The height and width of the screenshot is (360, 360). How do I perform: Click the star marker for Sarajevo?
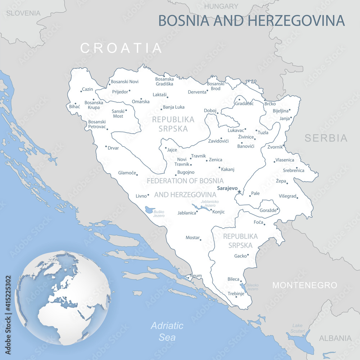click(x=239, y=192)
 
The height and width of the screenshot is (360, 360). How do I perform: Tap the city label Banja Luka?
click(x=174, y=107)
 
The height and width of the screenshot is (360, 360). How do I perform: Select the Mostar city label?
click(x=192, y=238)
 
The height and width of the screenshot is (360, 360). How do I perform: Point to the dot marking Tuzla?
click(x=256, y=131)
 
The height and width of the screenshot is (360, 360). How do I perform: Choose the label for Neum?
click(x=196, y=276)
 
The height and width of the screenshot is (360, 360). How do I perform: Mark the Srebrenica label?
click(x=293, y=170)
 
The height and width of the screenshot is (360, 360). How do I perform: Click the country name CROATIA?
click(x=121, y=48)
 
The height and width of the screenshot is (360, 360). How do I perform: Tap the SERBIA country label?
click(x=326, y=138)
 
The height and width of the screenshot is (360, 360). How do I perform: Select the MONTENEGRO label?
click(x=305, y=285)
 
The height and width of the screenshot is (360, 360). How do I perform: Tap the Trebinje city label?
click(x=236, y=294)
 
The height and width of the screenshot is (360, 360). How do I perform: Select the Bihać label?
click(x=75, y=107)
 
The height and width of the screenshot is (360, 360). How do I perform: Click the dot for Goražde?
click(x=278, y=209)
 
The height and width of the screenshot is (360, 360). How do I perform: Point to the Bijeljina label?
click(x=280, y=111)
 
